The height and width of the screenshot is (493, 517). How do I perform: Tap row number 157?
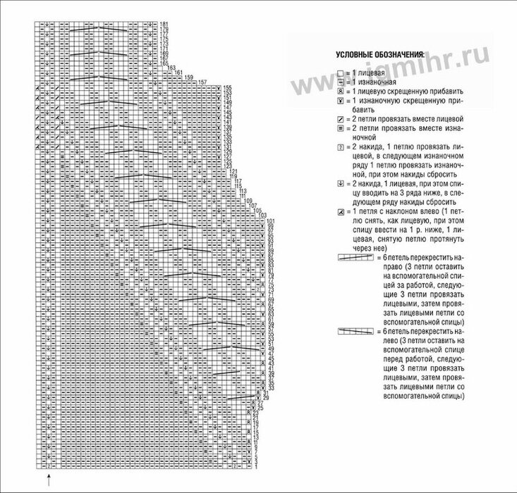click(x=202, y=82)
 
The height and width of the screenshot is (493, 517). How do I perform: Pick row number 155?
click(x=227, y=87)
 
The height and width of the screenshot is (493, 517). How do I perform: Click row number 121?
click(x=233, y=171)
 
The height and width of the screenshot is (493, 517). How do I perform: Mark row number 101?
click(x=271, y=222)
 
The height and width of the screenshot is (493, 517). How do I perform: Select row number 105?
click(x=257, y=211)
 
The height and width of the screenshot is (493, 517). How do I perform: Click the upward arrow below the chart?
click(x=48, y=480)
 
